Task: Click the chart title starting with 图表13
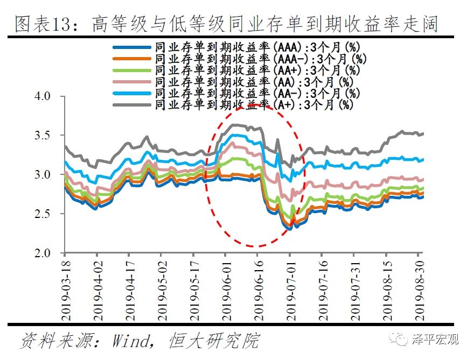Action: pos(226,23)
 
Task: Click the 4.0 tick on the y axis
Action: pos(43,96)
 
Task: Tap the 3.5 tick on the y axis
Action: pos(43,136)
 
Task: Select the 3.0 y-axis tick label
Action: pos(43,175)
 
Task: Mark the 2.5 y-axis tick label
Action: pos(43,214)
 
